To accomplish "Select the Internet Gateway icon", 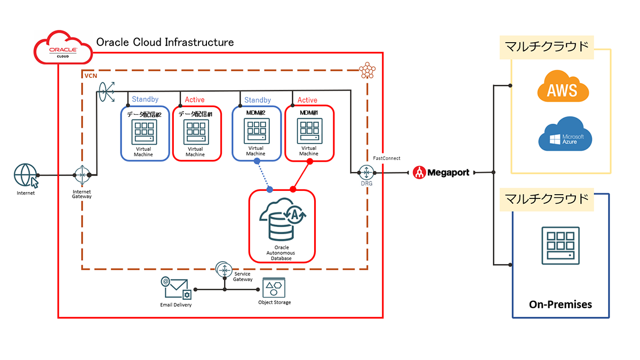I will click(82, 175).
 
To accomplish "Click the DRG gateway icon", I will click(366, 172).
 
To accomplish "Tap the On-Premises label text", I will click(560, 305).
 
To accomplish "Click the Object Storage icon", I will click(274, 289).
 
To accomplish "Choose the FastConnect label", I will click(387, 158).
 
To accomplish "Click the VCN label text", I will click(91, 76).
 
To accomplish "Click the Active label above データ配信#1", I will click(195, 100).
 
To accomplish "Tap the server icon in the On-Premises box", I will click(560, 245).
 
